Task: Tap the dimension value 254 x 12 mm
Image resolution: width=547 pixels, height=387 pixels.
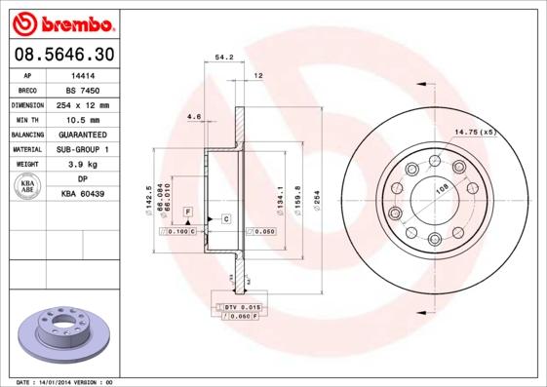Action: (84, 104)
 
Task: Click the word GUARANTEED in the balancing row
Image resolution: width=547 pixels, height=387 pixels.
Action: (84, 134)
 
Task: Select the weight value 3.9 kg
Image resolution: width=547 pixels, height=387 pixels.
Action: (84, 165)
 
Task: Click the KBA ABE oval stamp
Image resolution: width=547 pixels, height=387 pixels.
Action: (26, 187)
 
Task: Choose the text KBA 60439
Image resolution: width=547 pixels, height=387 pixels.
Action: (84, 195)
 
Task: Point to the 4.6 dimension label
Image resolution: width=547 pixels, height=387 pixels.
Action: (193, 118)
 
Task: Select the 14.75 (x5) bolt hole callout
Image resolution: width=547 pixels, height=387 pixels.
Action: (475, 131)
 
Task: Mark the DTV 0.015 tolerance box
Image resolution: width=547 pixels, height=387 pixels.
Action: (237, 307)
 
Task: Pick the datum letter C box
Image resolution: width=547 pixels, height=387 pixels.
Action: (225, 218)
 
